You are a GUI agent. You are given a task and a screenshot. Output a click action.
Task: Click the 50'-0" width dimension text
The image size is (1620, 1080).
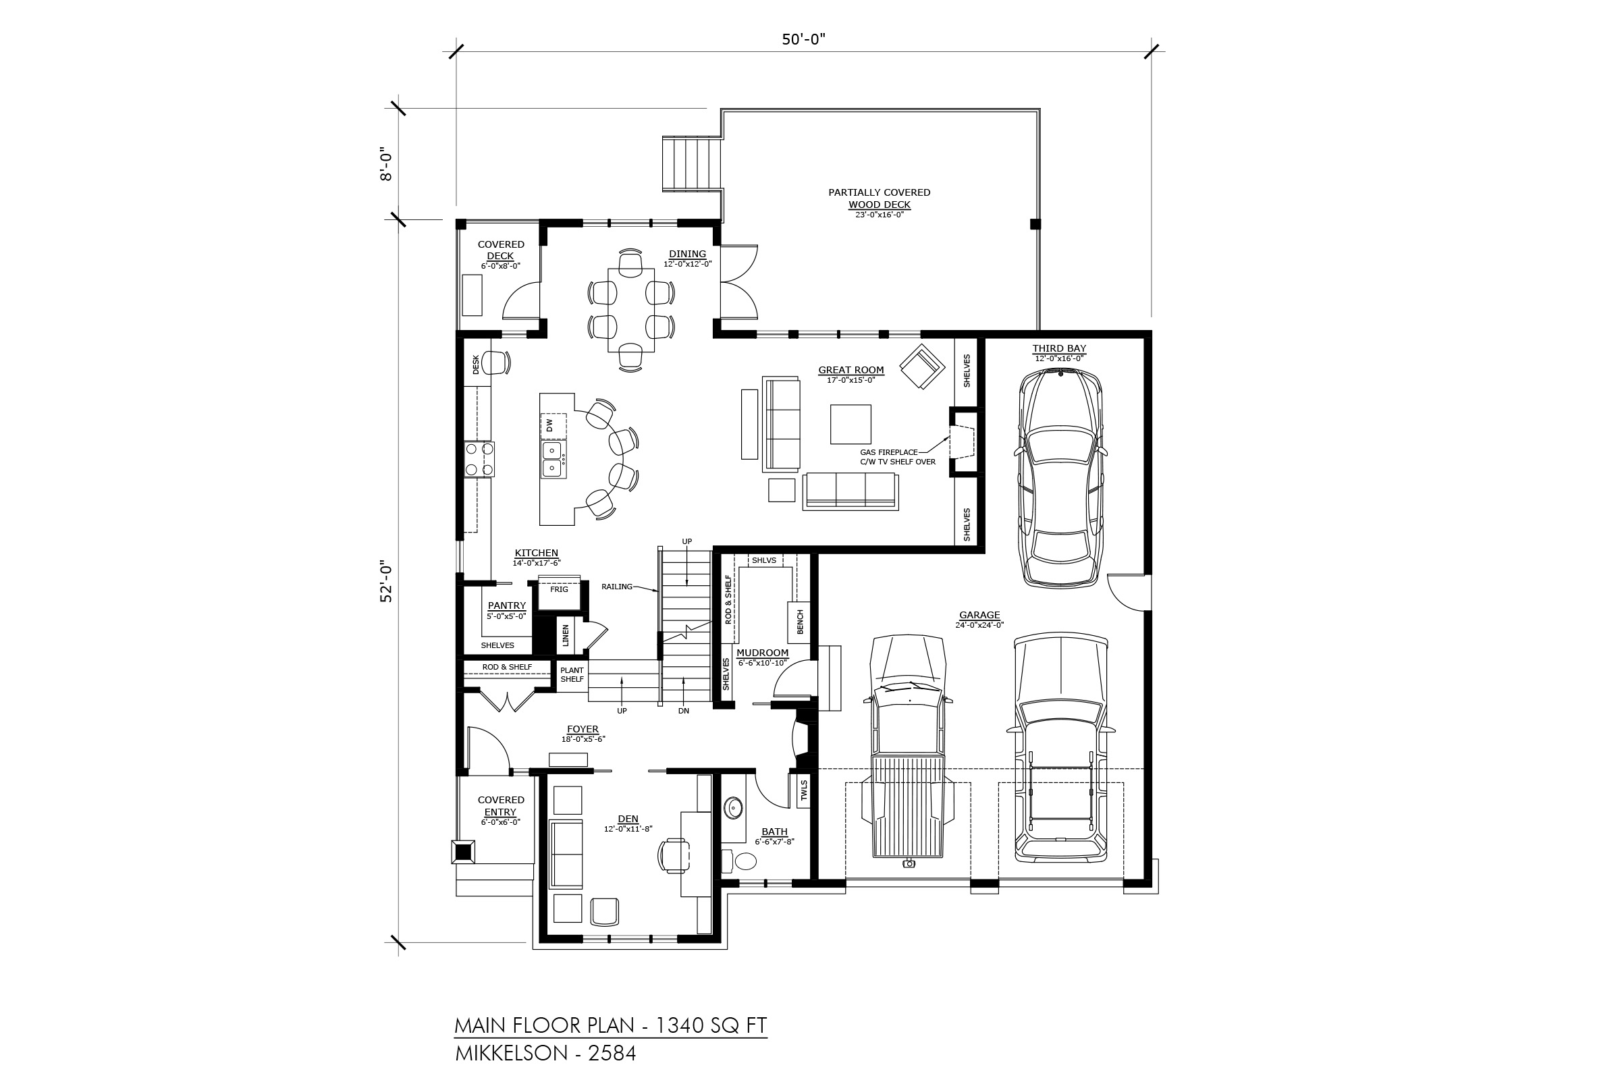pyautogui.click(x=803, y=39)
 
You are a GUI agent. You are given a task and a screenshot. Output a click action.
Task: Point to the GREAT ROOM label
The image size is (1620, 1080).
pyautogui.click(x=850, y=370)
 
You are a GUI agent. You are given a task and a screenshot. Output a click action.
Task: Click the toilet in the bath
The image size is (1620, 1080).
pyautogui.click(x=740, y=860)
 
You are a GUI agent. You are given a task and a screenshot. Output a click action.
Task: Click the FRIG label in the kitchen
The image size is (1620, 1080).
pyautogui.click(x=559, y=589)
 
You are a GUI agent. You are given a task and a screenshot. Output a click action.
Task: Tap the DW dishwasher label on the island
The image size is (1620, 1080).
pyautogui.click(x=549, y=425)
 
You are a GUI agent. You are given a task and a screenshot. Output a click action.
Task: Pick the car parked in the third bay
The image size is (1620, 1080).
pyautogui.click(x=1060, y=478)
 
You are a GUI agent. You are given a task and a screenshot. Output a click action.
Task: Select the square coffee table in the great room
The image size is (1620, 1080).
pyautogui.click(x=850, y=425)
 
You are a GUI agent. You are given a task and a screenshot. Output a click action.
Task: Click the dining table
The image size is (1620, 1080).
pyautogui.click(x=631, y=308)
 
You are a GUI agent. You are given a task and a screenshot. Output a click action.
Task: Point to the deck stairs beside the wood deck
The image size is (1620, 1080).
pyautogui.click(x=691, y=164)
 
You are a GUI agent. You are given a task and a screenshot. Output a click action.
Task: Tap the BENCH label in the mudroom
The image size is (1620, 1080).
pyautogui.click(x=800, y=622)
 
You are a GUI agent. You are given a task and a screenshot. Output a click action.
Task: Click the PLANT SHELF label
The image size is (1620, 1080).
pyautogui.click(x=572, y=674)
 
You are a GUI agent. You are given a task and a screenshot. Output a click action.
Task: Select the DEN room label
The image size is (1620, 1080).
pyautogui.click(x=628, y=819)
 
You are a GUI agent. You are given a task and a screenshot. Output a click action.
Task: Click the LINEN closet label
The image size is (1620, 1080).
pyautogui.click(x=566, y=636)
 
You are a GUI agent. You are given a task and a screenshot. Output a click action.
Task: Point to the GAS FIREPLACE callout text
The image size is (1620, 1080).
pyautogui.click(x=888, y=452)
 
